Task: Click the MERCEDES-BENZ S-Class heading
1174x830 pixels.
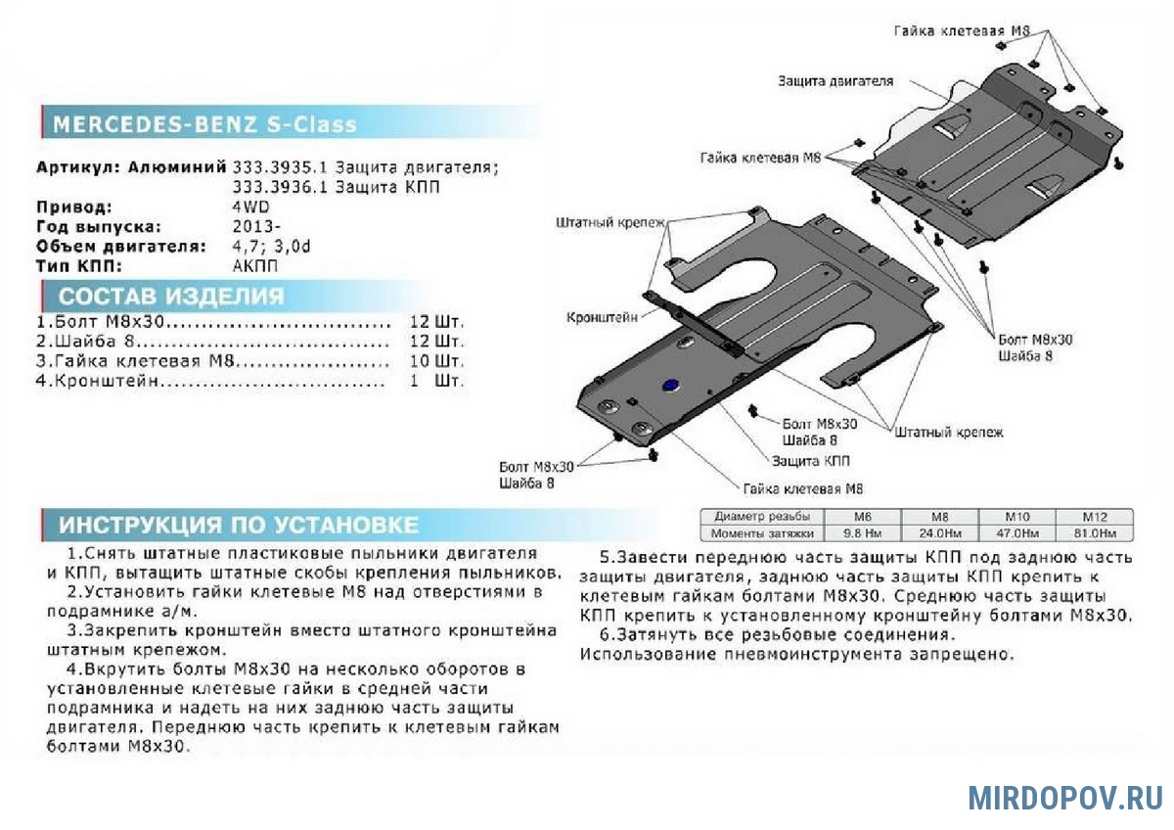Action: (204, 125)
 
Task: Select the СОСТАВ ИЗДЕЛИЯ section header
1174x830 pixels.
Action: (171, 297)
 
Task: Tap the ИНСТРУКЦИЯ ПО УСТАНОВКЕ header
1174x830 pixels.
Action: (239, 525)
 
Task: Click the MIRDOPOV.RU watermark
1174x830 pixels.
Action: (1065, 798)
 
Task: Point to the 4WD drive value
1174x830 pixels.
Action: (250, 207)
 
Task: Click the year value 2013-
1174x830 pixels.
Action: (256, 226)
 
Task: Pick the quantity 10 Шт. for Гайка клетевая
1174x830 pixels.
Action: (436, 361)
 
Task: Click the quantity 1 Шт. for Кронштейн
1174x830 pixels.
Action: (436, 381)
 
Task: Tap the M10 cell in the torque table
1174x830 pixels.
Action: (1017, 517)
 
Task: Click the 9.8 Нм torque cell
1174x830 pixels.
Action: (864, 533)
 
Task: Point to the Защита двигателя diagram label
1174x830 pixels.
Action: (835, 81)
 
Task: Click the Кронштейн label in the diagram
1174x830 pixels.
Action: (602, 317)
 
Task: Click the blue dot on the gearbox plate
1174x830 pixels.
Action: (670, 386)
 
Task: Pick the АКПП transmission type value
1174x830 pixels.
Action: (255, 265)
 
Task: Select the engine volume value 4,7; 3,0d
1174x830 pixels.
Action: (272, 246)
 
